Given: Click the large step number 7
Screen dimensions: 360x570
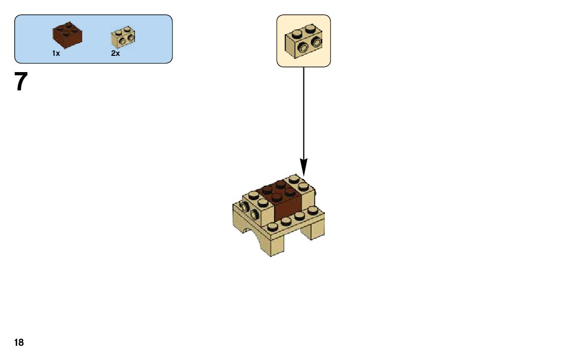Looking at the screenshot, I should [x=20, y=82].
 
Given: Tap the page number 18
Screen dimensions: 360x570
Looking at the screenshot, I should [x=19, y=343].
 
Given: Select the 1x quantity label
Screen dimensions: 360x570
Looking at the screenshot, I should [x=56, y=53].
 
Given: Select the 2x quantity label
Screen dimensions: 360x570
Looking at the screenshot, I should [x=115, y=53].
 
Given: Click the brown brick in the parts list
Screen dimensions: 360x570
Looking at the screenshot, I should [x=67, y=35].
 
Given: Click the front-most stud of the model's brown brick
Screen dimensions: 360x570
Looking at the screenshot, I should [x=277, y=198].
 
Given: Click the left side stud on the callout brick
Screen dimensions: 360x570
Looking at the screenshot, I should [x=304, y=49].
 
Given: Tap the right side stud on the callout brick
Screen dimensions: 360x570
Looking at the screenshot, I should [x=317, y=42].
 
